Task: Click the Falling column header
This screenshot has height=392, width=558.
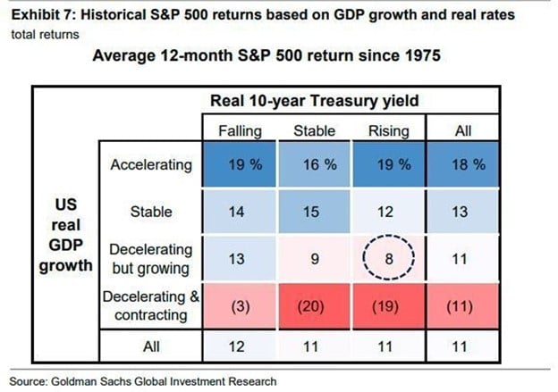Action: click(240, 131)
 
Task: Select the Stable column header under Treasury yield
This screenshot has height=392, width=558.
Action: click(314, 131)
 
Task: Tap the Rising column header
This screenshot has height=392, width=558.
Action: click(388, 131)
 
